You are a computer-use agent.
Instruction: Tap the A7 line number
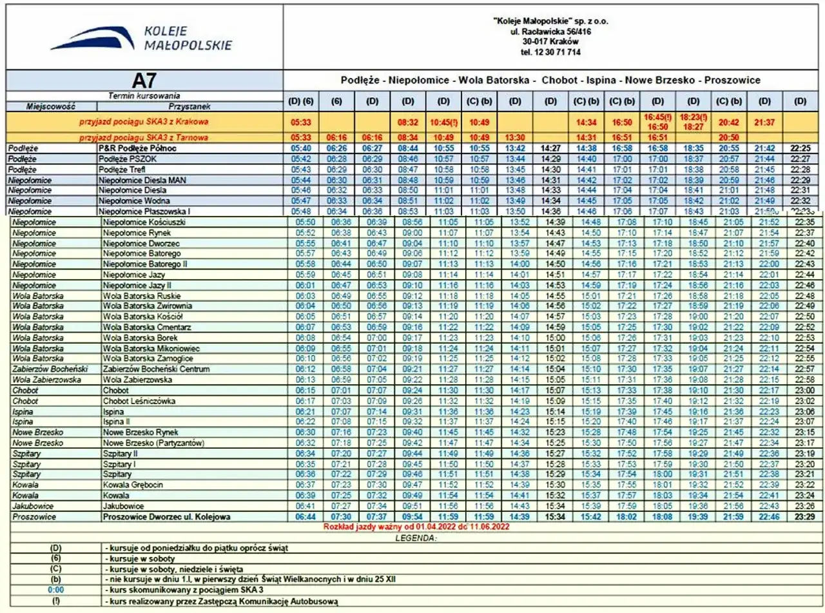pyautogui.click(x=144, y=81)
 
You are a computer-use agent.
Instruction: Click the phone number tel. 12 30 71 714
pyautogui.click(x=554, y=52)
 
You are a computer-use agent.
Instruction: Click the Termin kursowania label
pyautogui.click(x=145, y=95)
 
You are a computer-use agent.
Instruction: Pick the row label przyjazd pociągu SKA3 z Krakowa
pyautogui.click(x=144, y=121)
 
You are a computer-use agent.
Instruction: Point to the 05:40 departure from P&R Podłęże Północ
pyautogui.click(x=302, y=148)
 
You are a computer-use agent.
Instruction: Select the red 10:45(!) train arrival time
pyautogui.click(x=443, y=121)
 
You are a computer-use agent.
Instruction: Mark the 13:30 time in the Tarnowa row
pyautogui.click(x=515, y=137)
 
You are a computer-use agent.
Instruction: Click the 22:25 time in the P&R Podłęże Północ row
pyautogui.click(x=800, y=148)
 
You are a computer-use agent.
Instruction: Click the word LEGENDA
pyautogui.click(x=416, y=538)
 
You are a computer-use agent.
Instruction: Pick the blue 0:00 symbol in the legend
pyautogui.click(x=56, y=589)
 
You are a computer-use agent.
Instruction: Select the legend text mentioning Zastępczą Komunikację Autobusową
pyautogui.click(x=222, y=601)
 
